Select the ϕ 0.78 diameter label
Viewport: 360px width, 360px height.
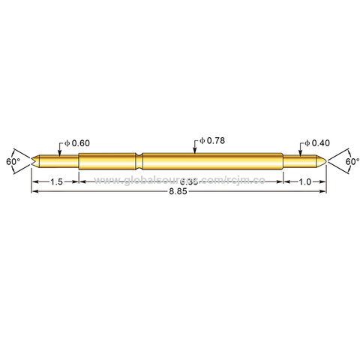tap(214, 141)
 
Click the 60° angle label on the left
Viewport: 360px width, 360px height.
tap(12, 161)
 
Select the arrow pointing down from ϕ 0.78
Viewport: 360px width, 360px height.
tap(195, 151)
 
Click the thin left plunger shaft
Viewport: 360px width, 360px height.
tap(56, 161)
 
